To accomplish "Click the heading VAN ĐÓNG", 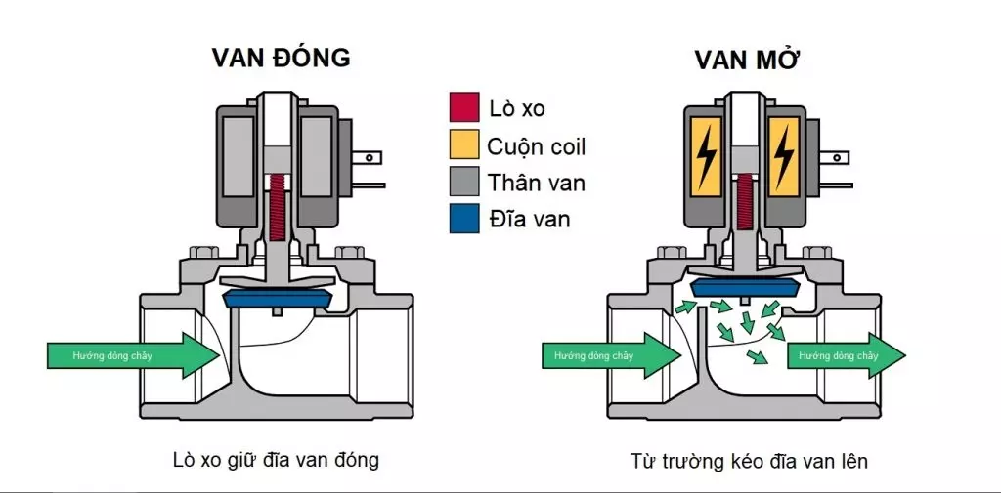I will [x=281, y=58].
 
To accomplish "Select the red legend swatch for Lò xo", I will [x=463, y=107].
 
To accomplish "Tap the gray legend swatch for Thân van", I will [x=463, y=182].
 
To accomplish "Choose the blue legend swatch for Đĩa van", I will [x=463, y=219].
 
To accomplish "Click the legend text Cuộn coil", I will [x=536, y=146].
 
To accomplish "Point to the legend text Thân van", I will [x=537, y=183].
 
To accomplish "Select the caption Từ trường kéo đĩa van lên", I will [x=750, y=459].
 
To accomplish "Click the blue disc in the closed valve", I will [x=279, y=299].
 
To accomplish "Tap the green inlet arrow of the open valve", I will [x=606, y=355].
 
